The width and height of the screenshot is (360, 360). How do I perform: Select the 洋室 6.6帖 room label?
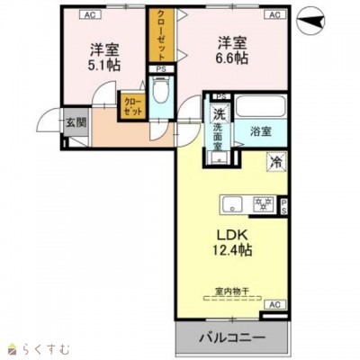(x=231, y=49)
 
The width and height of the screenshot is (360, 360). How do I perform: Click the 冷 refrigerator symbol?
(x=274, y=164)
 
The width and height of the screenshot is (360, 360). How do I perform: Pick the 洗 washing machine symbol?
(x=219, y=114)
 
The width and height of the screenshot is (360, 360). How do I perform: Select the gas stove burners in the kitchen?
(x=262, y=202)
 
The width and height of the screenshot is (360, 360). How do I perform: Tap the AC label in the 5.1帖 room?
(x=89, y=14)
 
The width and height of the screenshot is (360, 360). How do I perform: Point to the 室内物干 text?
(x=232, y=290)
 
